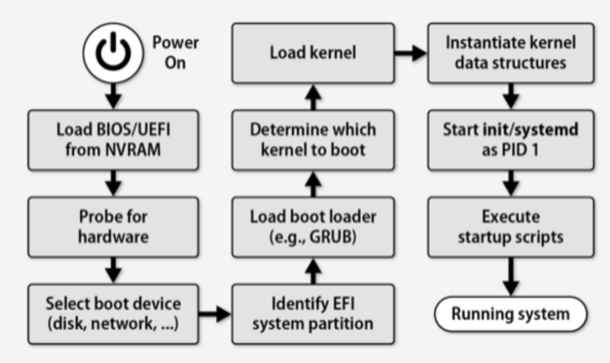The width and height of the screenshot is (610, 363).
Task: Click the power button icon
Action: tap(111, 51)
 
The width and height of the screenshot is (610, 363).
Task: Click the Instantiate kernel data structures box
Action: tap(511, 53)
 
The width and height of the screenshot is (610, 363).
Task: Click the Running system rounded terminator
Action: tap(511, 314)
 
